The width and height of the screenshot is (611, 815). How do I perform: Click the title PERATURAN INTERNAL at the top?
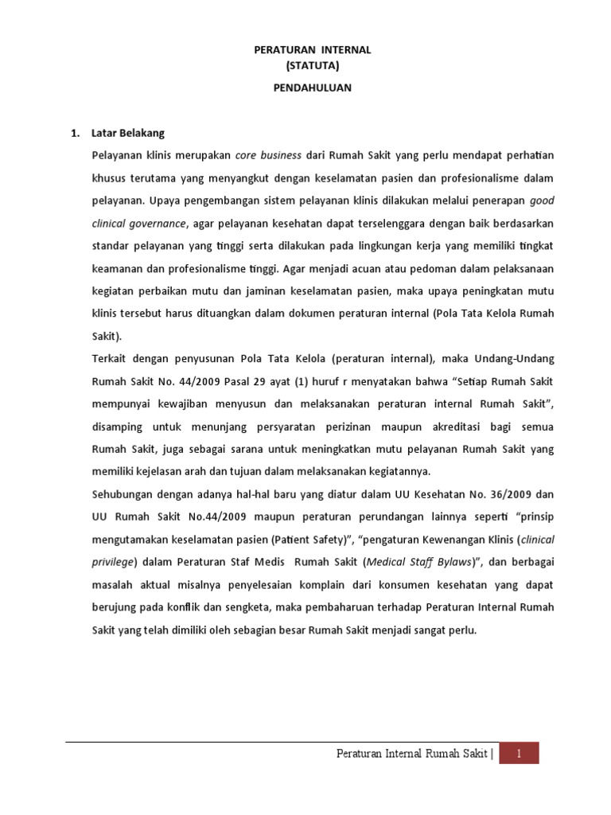[313, 49]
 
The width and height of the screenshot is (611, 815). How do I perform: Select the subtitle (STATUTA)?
[313, 67]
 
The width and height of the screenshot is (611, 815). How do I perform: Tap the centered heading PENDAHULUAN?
[313, 88]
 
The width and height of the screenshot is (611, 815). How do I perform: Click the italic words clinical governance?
[138, 224]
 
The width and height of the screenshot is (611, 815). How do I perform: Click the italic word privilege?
[114, 562]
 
